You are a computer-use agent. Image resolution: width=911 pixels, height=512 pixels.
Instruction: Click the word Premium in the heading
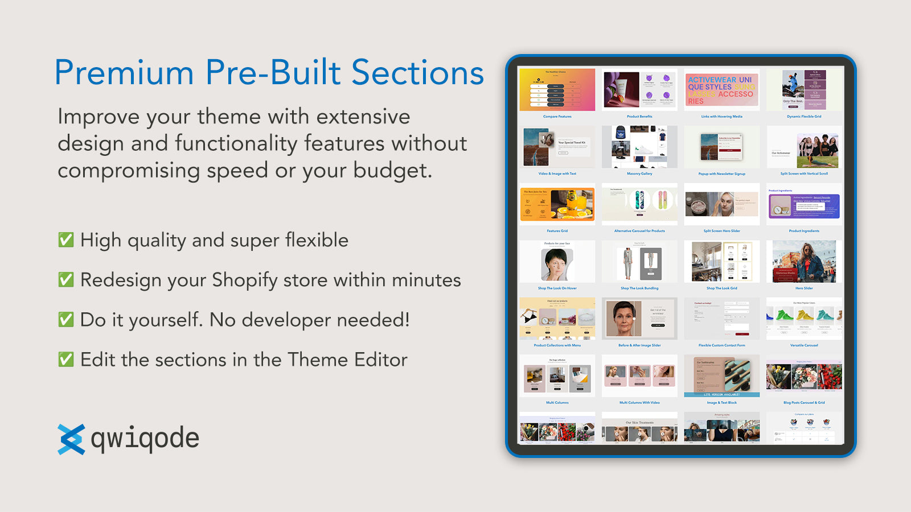[124, 73]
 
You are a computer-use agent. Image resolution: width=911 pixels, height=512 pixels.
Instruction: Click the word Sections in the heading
[417, 73]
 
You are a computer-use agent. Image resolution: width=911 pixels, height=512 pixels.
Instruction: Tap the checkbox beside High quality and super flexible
[66, 240]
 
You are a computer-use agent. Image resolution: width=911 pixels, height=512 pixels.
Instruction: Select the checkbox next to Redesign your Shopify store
[66, 279]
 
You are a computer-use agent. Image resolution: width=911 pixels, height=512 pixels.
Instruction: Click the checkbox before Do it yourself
[66, 319]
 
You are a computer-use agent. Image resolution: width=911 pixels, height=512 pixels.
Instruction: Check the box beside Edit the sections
[66, 359]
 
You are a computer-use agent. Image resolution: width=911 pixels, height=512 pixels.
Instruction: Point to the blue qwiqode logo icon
[71, 439]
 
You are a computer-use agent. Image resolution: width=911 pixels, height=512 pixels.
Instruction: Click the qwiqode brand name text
[145, 439]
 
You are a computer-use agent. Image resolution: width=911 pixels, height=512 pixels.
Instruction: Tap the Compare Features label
[557, 117]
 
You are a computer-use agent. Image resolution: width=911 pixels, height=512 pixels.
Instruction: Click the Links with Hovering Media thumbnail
[721, 90]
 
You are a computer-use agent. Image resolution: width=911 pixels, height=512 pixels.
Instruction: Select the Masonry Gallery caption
[639, 174]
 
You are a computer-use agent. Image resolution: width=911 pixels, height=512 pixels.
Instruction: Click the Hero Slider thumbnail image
[804, 262]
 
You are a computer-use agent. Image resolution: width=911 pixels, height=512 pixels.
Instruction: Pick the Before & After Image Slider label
[639, 345]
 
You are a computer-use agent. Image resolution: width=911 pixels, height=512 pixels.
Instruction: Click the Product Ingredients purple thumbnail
[804, 206]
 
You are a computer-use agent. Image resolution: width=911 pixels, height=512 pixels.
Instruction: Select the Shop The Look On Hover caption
[557, 288]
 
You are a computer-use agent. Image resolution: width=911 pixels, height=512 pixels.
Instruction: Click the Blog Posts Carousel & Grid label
[804, 402]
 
